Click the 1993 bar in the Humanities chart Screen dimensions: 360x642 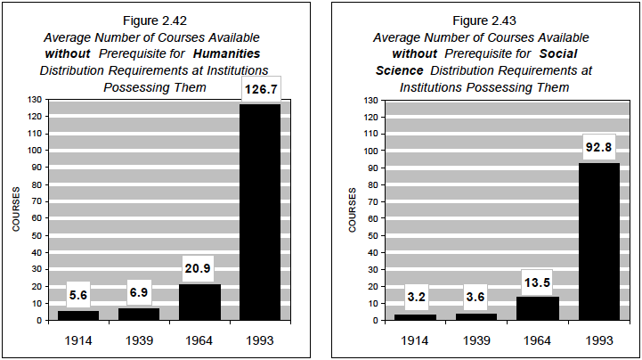click(259, 212)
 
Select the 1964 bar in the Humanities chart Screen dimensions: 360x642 click(199, 302)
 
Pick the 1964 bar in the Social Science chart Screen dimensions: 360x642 click(536, 308)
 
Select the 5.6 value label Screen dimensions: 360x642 click(79, 295)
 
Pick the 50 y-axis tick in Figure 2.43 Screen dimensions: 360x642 click(373, 235)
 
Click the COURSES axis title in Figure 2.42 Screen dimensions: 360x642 click(16, 209)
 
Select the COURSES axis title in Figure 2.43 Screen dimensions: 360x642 click(353, 209)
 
